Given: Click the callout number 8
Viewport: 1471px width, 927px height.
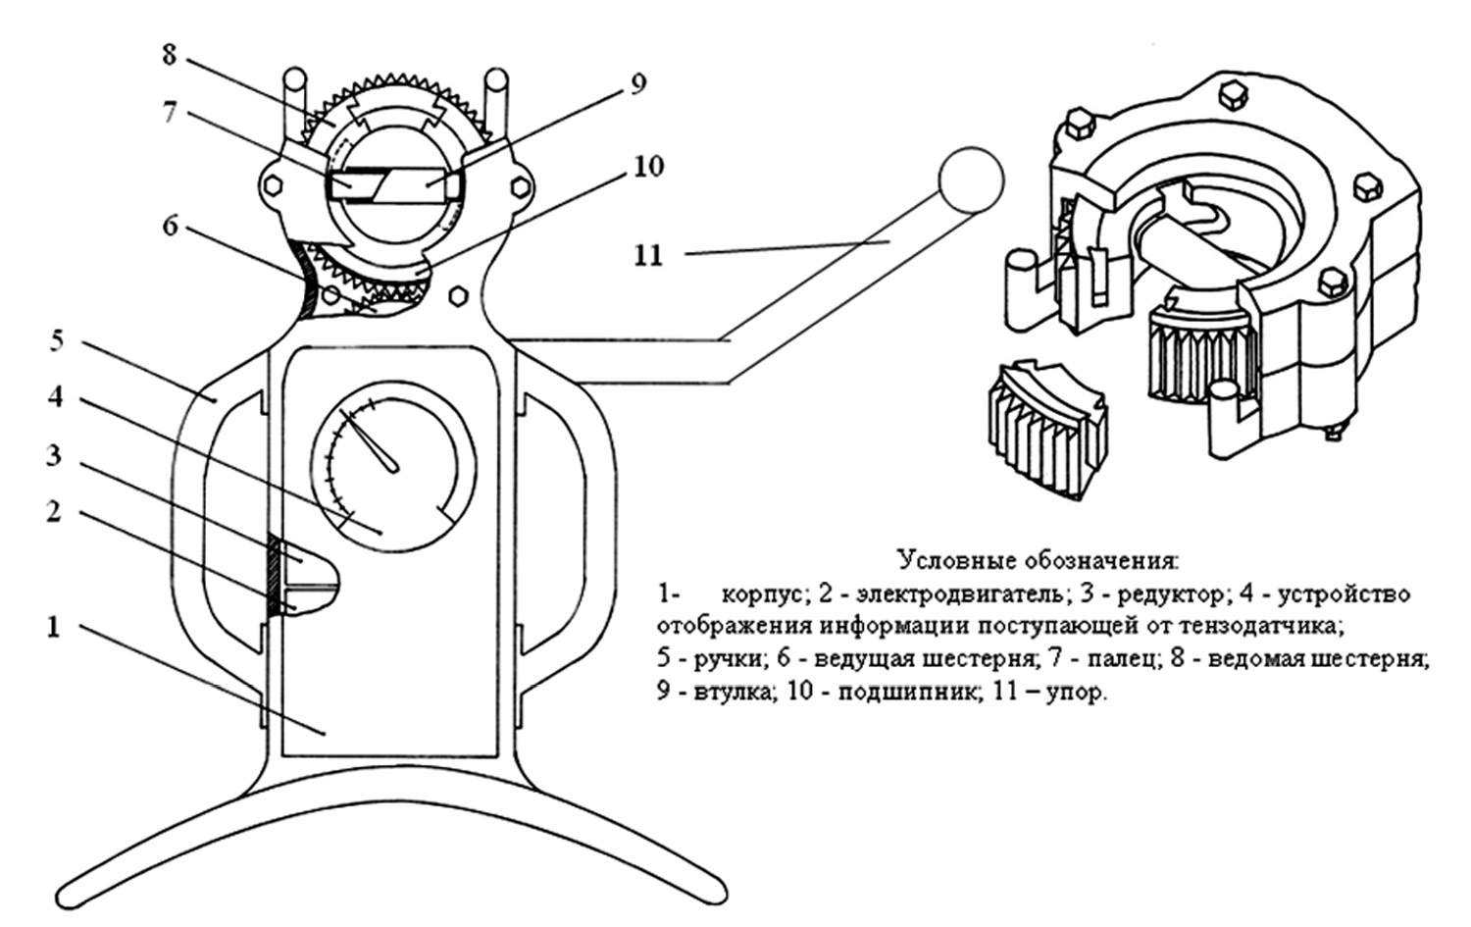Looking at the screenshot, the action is tap(170, 55).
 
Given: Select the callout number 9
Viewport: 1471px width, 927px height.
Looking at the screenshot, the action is tap(638, 84).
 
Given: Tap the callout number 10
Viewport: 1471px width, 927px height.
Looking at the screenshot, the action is tap(649, 166).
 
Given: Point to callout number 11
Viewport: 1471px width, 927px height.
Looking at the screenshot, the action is tap(648, 255).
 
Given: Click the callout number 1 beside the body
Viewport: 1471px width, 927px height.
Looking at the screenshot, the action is tap(54, 628).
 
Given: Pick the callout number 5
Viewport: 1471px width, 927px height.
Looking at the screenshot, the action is tap(57, 341).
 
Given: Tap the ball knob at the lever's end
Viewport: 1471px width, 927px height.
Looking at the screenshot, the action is tap(971, 180).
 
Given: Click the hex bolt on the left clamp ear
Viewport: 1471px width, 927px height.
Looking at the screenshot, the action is tap(272, 186).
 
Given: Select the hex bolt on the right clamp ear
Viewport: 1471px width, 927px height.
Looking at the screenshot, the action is tap(520, 186).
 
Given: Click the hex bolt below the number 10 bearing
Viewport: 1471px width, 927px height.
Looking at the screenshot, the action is tap(458, 297).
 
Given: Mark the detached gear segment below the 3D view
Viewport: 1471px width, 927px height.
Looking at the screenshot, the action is tap(1046, 430).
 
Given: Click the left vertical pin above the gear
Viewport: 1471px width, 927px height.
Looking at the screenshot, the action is tap(295, 105).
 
